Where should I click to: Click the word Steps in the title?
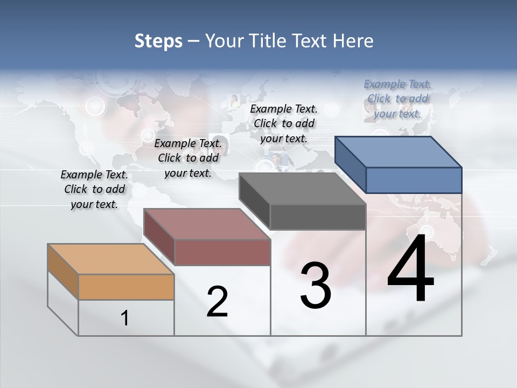158,41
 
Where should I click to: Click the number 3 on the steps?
316,286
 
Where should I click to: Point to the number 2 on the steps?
218,302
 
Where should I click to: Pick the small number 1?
125,318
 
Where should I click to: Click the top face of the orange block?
111,259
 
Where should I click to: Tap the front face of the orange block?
126,287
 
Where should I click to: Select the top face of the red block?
207,224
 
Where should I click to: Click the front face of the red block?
222,252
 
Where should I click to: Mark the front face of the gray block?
318,217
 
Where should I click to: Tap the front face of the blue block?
414,180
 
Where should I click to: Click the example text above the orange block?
94,189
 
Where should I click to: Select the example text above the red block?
188,158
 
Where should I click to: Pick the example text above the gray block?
284,123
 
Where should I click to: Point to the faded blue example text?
397,99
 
